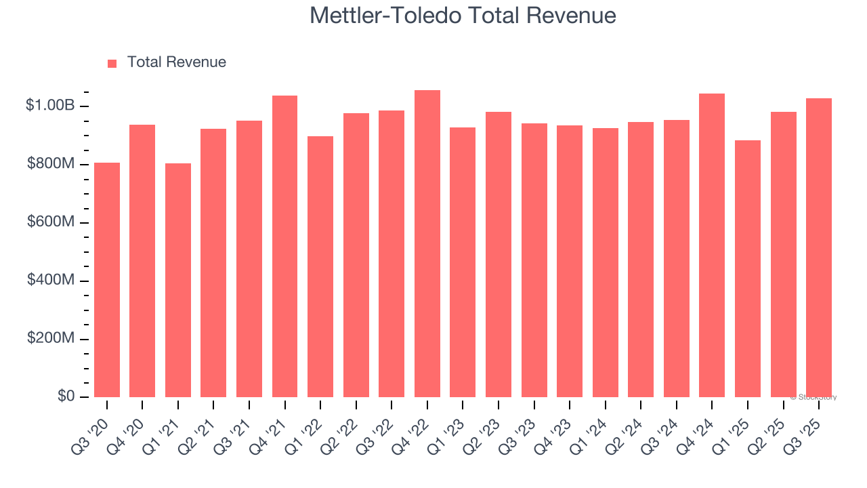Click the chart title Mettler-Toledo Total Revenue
463,15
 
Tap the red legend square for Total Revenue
112,63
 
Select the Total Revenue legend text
176,62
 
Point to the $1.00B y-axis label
50,106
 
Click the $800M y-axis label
50,164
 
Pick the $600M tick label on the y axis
50,222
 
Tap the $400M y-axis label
50,281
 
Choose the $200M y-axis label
50,339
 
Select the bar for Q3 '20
107,279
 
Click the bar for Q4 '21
284,246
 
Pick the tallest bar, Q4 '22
427,243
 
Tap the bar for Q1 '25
748,268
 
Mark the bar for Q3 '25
819,247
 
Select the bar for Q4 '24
712,245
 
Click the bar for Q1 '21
178,280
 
